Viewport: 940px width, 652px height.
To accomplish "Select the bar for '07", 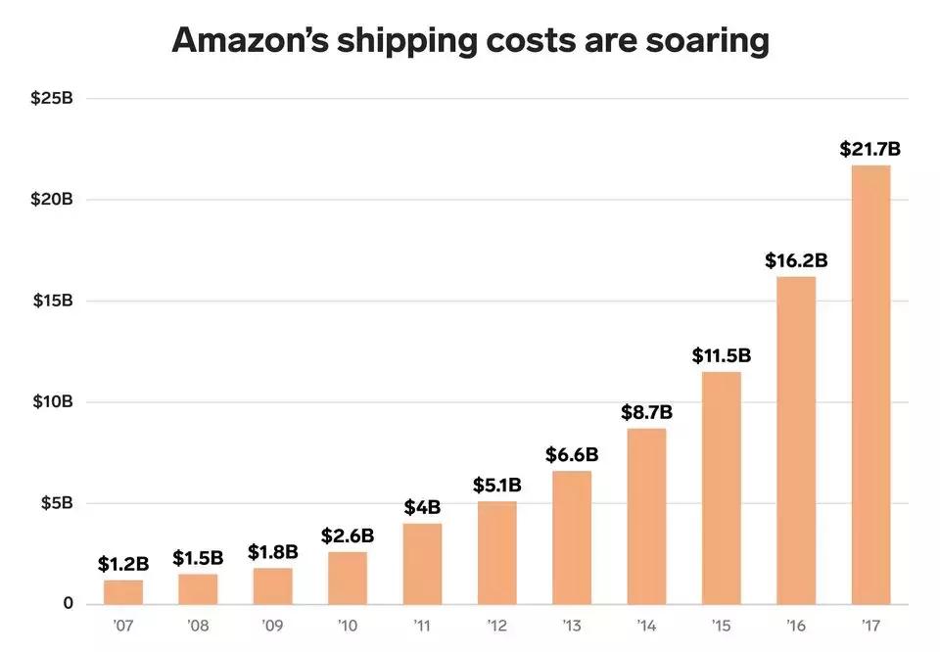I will (x=123, y=592).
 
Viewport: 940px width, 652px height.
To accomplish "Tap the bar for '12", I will (x=496, y=553).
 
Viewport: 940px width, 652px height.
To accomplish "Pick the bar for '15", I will (x=721, y=488).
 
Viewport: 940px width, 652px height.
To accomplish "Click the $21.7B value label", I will (x=870, y=150).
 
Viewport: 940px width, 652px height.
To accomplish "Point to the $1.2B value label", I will (x=123, y=564).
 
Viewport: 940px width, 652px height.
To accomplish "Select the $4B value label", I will (x=422, y=507).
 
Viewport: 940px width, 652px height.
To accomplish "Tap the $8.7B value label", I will (x=646, y=412).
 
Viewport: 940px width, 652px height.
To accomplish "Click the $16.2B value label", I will (x=796, y=261).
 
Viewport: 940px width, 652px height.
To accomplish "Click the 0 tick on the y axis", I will (x=68, y=603).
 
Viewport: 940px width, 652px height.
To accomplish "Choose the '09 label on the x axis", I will (x=272, y=623).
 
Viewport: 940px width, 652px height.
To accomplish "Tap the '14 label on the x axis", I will (x=646, y=623).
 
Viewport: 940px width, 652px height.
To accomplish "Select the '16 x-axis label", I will (x=796, y=623).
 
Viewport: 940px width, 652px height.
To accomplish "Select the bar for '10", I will (x=348, y=578).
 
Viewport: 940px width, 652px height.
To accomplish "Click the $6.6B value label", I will (x=572, y=454).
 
